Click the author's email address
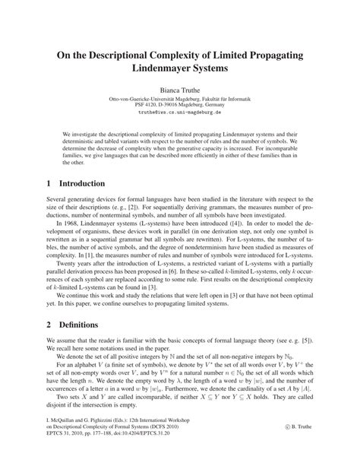click(x=179, y=112)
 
